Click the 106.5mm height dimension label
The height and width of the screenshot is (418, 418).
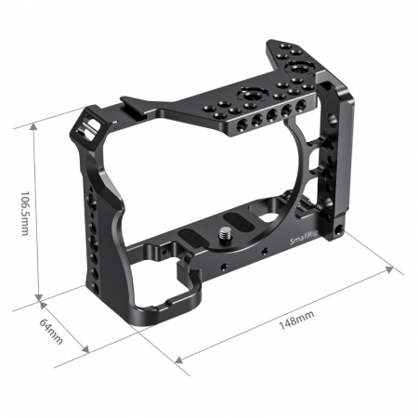[25, 213]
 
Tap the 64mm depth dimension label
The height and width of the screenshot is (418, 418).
[51, 332]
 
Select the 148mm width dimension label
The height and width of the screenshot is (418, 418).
[296, 320]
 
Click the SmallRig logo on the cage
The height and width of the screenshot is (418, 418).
[304, 238]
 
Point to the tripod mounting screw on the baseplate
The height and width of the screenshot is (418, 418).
[224, 234]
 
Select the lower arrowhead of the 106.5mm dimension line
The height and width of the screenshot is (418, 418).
[39, 296]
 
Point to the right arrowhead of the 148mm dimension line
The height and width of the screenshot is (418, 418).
[389, 269]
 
